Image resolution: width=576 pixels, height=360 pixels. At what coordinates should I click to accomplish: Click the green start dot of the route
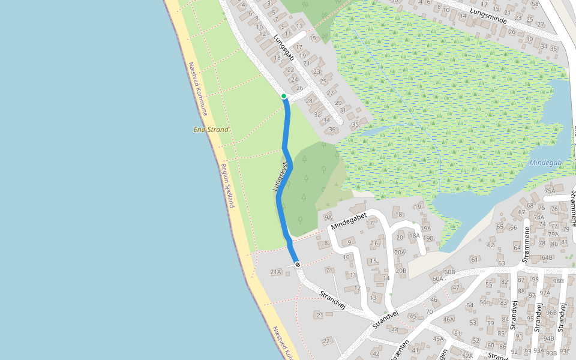[284, 96]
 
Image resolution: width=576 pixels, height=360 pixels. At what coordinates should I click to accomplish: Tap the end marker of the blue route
[298, 265]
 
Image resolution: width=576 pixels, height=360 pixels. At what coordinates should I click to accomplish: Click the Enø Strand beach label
[211, 130]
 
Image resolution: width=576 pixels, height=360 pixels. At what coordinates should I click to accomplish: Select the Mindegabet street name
[349, 220]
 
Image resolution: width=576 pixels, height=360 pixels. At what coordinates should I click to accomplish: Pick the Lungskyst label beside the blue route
[281, 176]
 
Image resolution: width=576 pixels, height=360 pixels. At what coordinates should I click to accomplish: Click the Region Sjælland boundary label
[227, 185]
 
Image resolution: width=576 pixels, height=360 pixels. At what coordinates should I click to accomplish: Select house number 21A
[275, 272]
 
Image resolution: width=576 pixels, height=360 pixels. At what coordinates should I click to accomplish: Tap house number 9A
[328, 217]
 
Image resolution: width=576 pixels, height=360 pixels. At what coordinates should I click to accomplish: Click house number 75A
[550, 191]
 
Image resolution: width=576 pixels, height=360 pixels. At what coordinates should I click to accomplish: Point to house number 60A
[437, 278]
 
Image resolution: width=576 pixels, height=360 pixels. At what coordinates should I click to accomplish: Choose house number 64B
[547, 258]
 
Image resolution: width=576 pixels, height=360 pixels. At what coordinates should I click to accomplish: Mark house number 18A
[414, 236]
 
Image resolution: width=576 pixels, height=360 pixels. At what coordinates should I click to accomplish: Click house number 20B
[401, 271]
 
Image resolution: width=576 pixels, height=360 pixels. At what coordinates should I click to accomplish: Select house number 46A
[448, 320]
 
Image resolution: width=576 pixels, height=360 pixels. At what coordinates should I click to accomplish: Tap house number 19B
[428, 238]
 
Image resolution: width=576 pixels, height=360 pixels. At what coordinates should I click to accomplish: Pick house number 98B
[558, 281]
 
